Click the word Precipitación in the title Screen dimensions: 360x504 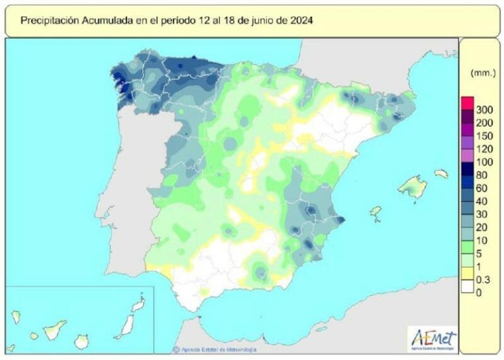[49, 20]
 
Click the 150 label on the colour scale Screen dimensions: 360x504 [484, 136]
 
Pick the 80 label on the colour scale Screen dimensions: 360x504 [481, 175]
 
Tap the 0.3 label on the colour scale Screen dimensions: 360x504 [482, 280]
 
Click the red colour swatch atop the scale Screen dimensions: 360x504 [467, 102]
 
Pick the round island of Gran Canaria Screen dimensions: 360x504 [81, 342]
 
